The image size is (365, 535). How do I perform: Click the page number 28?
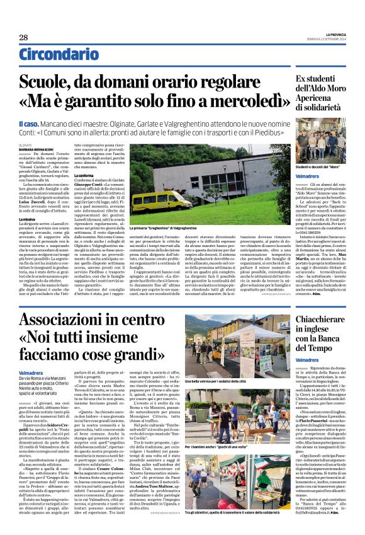pos(23,37)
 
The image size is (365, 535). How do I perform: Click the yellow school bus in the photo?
pos(162,200)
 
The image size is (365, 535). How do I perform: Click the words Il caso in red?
pos(48,125)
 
